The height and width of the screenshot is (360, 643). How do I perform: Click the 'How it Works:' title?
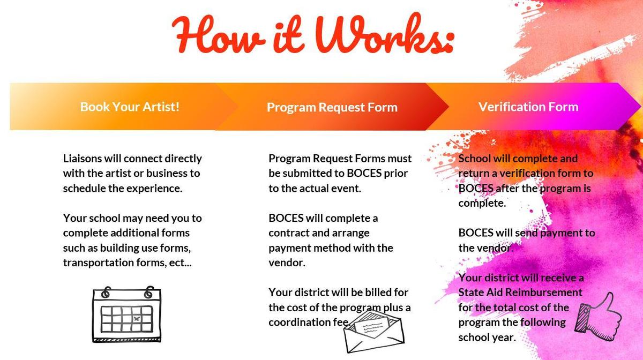313,34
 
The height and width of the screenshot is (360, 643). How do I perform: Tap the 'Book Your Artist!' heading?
130,107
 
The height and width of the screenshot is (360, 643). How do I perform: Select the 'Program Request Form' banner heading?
332,107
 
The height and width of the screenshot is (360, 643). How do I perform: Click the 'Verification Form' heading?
528,107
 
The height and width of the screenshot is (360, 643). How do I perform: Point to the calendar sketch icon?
126,314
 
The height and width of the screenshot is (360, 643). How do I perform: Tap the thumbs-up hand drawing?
599,317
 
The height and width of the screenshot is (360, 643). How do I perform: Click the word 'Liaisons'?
83,159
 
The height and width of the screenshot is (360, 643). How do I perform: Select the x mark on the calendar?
137,319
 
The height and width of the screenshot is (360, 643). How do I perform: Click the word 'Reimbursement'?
544,292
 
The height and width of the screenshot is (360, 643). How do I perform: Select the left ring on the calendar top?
106,292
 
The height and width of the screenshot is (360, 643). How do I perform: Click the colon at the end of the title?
447,42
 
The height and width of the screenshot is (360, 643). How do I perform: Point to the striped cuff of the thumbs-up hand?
582,318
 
